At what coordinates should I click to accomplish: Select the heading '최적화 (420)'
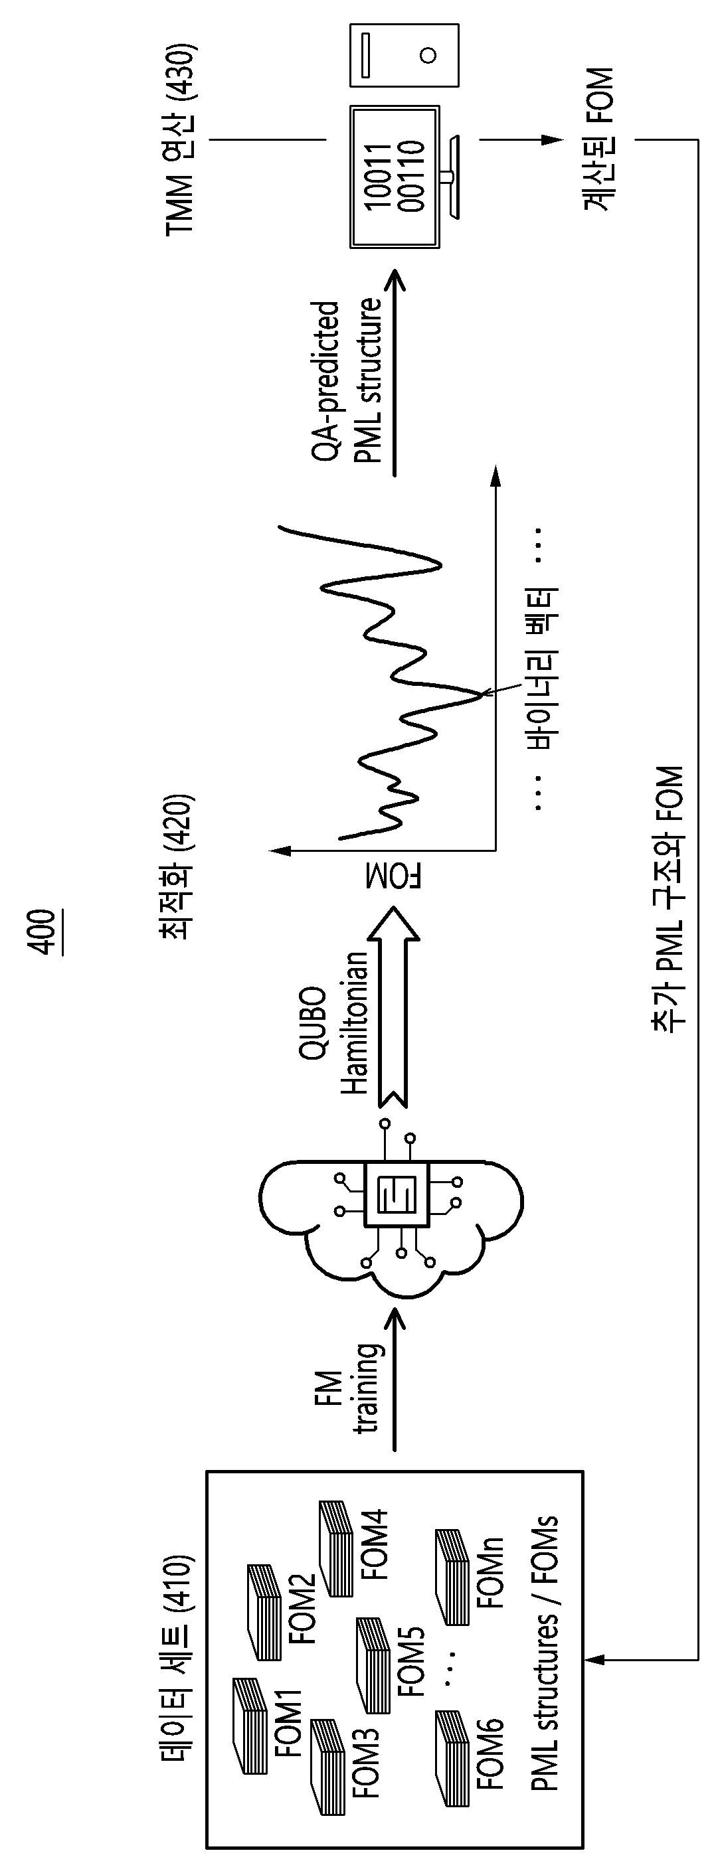tap(177, 867)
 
